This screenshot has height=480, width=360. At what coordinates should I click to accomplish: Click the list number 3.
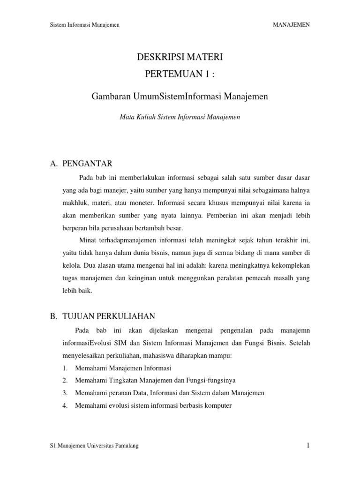pyautogui.click(x=65, y=393)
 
